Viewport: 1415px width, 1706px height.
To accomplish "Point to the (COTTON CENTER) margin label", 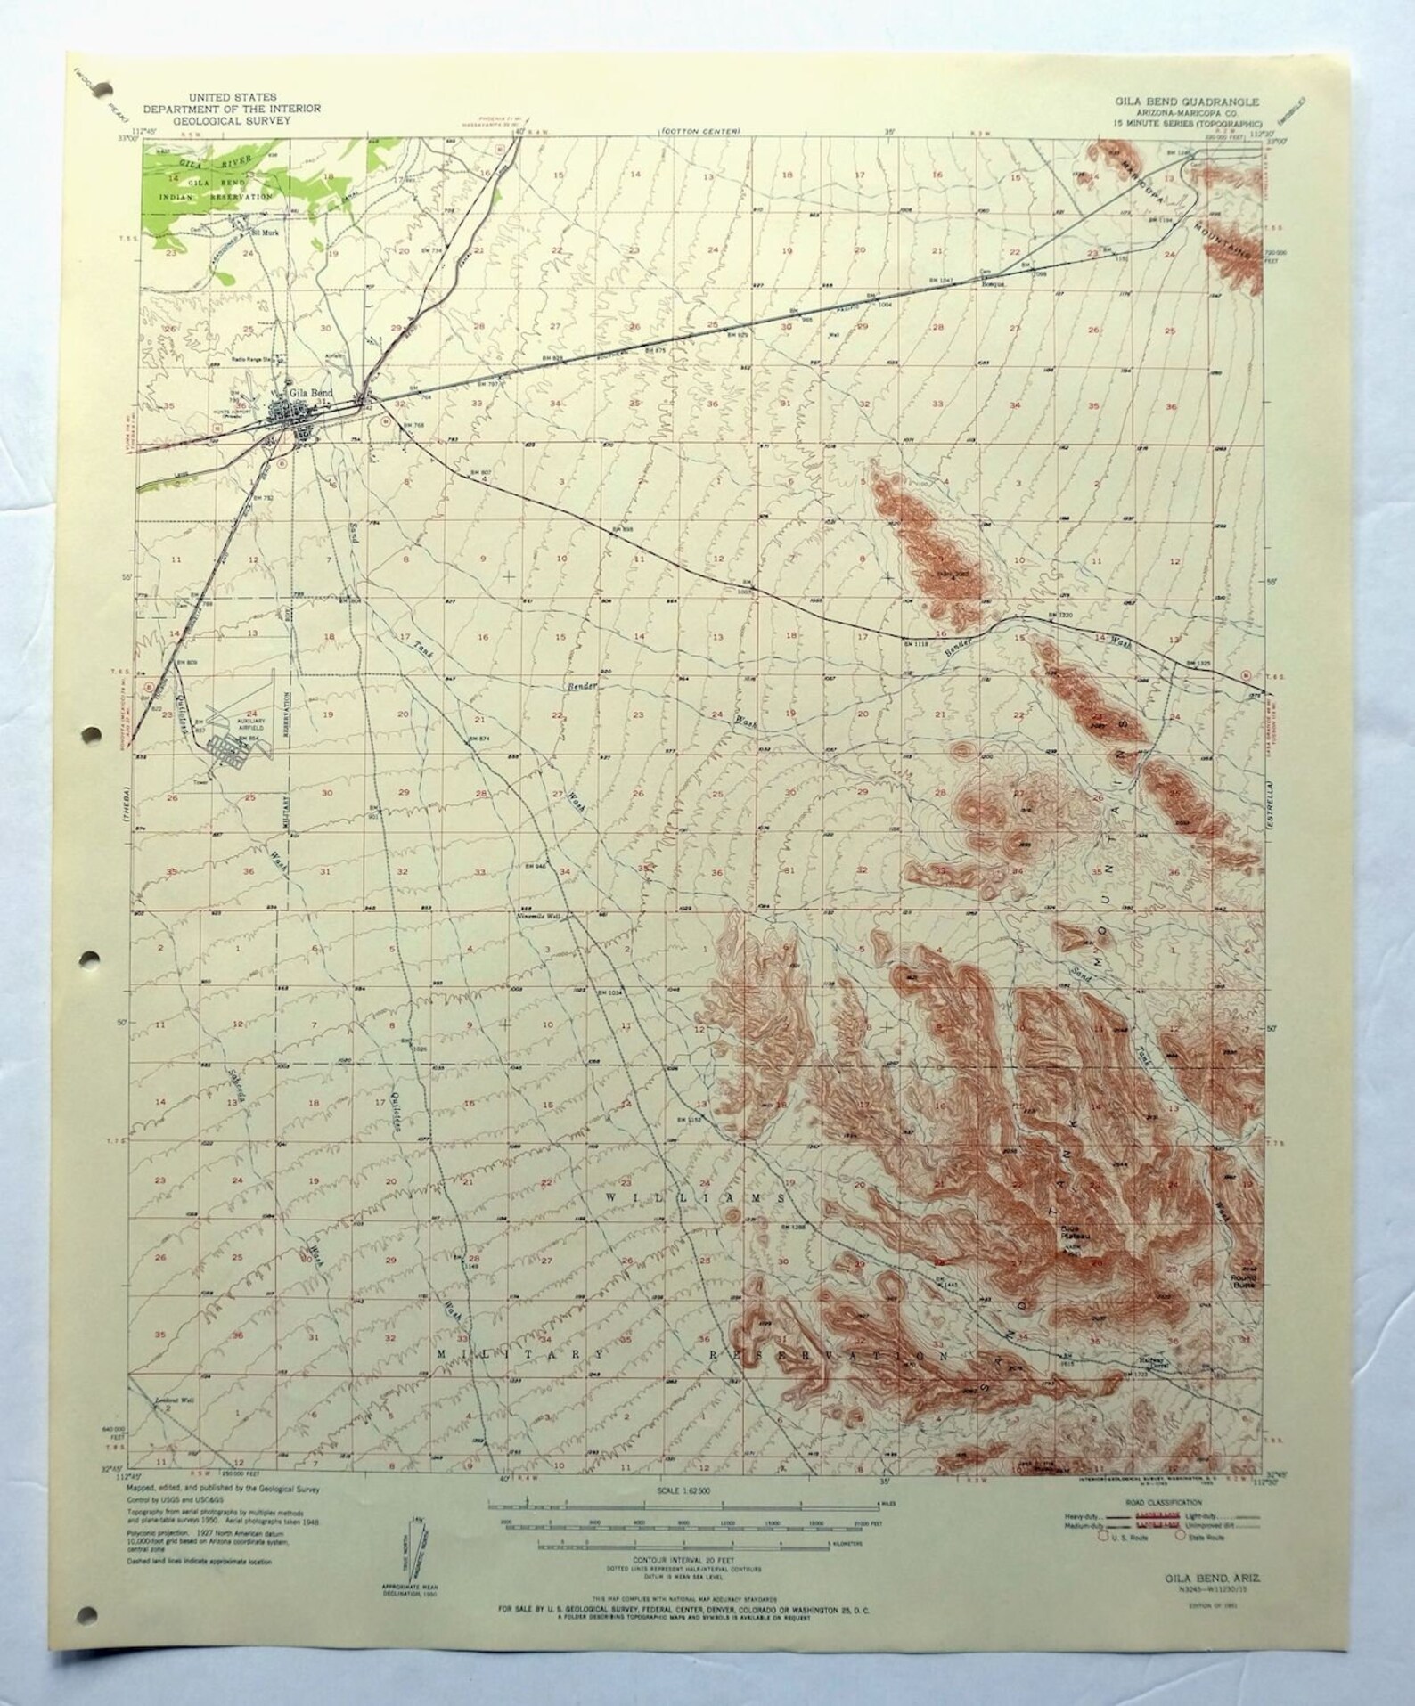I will pos(700,132).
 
